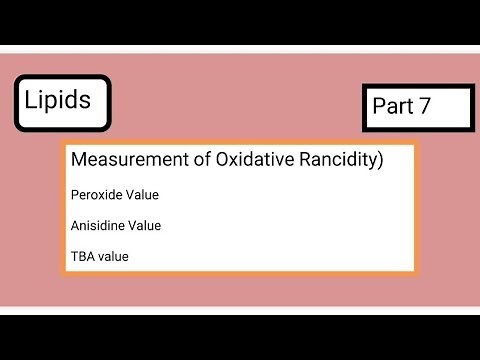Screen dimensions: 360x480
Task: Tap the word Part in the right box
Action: (x=392, y=107)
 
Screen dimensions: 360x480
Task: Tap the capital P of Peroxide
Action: (x=74, y=194)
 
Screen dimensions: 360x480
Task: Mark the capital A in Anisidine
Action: (x=75, y=226)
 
